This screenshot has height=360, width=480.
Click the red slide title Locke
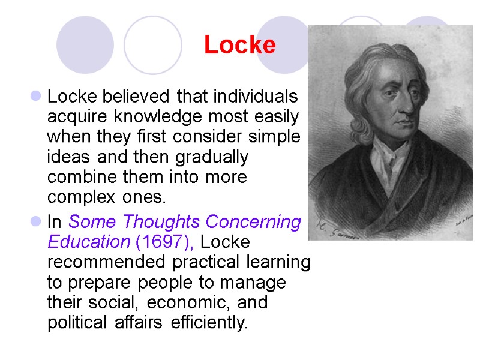tap(239, 45)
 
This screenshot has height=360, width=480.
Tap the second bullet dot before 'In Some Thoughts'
tap(35, 222)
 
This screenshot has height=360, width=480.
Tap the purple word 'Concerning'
tap(254, 222)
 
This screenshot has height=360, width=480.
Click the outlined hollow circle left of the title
tap(152, 45)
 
